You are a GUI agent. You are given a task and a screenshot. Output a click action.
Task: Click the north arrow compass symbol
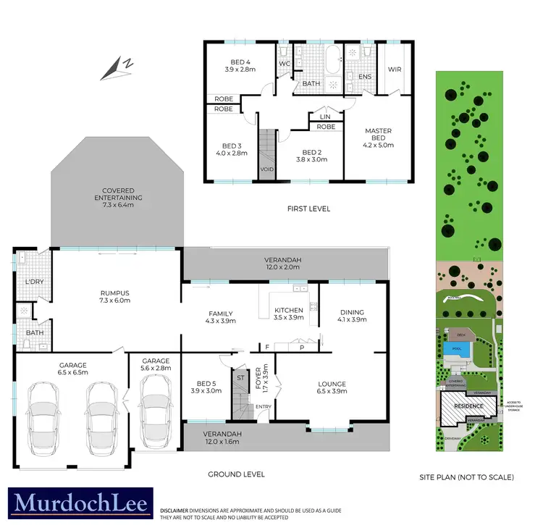point(117,68)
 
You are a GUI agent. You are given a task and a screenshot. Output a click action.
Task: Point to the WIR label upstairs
point(395,70)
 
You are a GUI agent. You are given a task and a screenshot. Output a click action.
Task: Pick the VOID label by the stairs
point(267,171)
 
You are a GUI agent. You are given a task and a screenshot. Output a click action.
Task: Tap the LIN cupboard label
point(324,116)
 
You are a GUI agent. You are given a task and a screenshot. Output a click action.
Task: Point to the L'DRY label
point(33,280)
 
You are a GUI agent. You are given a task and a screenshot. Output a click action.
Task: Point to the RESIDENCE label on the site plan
point(468,406)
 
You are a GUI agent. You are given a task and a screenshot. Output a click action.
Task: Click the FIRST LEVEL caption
point(308,209)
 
